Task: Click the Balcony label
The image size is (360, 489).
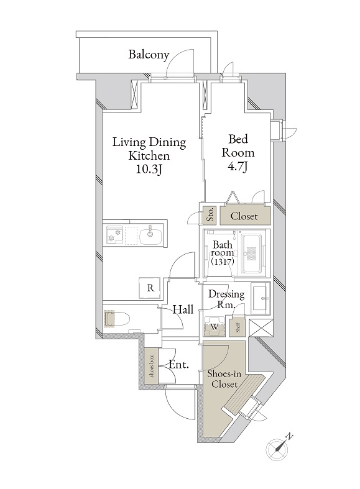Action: click(x=149, y=55)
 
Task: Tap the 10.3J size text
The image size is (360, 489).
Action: click(x=149, y=170)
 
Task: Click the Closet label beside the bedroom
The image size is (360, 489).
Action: click(x=244, y=216)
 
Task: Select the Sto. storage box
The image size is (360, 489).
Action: click(x=210, y=215)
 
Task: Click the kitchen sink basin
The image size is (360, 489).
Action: click(x=150, y=236)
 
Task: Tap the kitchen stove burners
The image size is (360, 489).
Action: click(x=114, y=235)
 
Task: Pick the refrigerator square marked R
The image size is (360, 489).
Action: click(x=150, y=288)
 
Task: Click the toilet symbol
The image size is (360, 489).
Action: click(x=117, y=319)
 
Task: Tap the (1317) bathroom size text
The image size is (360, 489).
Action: click(x=223, y=262)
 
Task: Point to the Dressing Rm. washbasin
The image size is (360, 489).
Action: click(x=260, y=298)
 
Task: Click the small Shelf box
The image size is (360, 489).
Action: click(x=238, y=327)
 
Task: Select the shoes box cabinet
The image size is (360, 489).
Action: click(x=152, y=366)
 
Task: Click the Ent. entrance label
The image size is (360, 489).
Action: click(x=178, y=364)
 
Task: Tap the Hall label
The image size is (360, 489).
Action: click(x=183, y=309)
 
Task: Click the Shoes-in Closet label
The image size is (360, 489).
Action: click(x=224, y=378)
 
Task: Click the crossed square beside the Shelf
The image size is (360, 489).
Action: click(x=261, y=328)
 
